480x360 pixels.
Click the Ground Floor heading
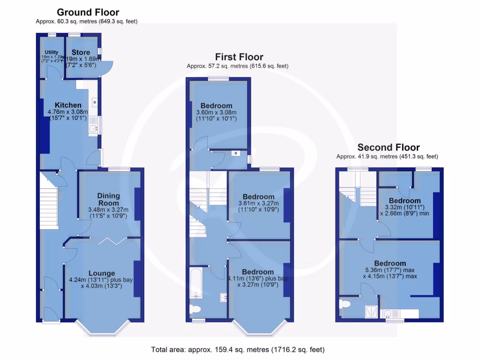pos(88,13)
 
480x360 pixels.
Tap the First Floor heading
pos(239,57)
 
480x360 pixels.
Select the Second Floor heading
pos(389,147)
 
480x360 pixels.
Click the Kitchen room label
pos(68,105)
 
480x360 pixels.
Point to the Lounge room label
pos(102,273)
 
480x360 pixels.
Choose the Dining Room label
pos(109,199)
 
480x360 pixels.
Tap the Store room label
pos(81,52)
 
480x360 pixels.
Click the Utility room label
pos(52,52)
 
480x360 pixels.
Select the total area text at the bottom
pos(238,350)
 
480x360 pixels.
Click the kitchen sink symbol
pos(93,126)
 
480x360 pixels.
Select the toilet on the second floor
pos(345,305)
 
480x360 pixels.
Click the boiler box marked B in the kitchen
pos(94,102)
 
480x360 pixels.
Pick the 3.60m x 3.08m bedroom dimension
pos(216,112)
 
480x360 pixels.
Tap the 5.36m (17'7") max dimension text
pos(390,270)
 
